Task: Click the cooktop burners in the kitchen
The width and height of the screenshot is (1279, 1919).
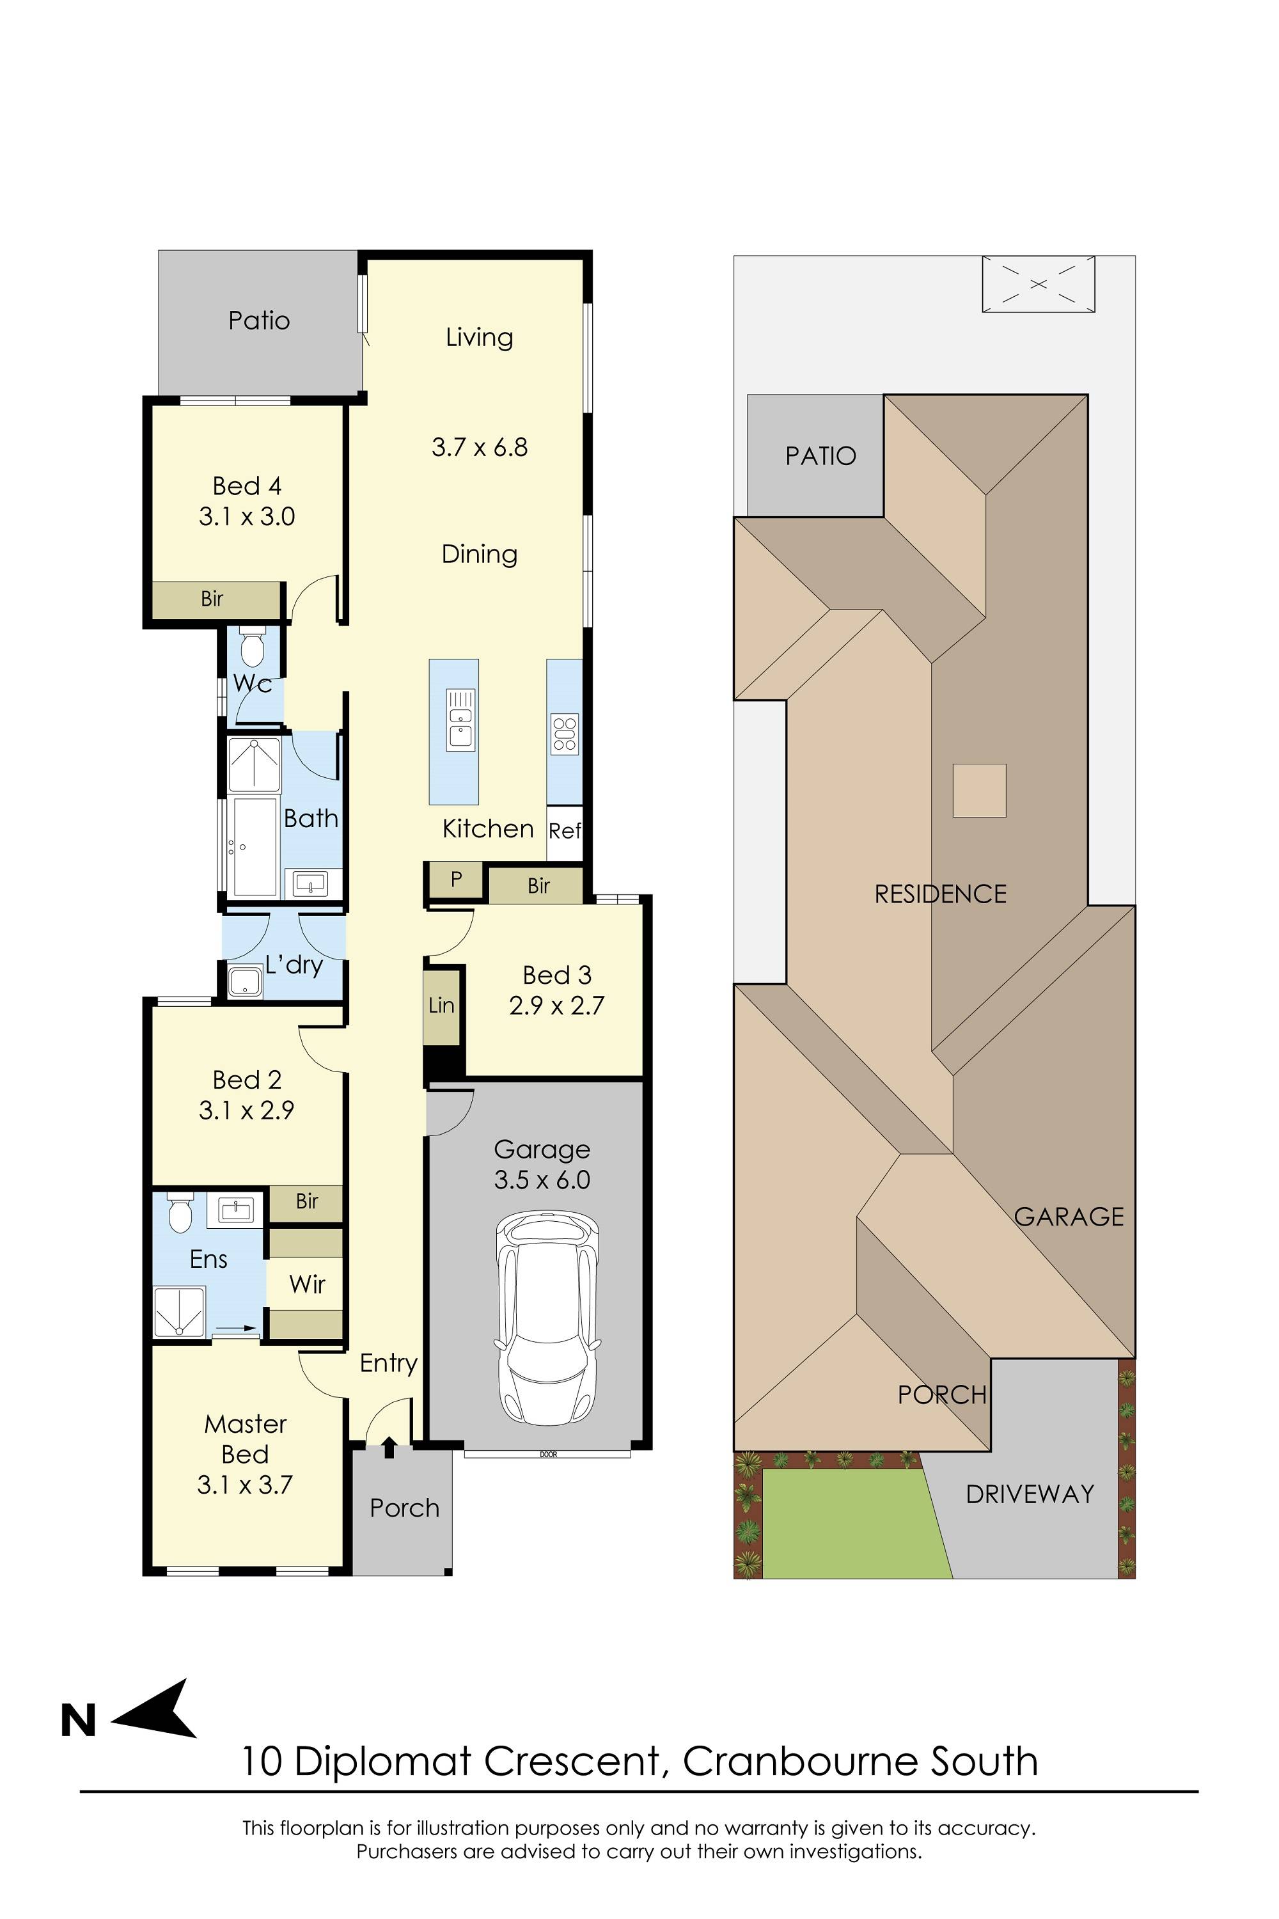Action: pyautogui.click(x=565, y=732)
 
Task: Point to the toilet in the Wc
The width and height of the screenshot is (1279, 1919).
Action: pyautogui.click(x=252, y=649)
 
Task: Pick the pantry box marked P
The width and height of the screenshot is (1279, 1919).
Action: pyautogui.click(x=456, y=880)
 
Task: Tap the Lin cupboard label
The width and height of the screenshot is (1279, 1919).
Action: pyautogui.click(x=441, y=1004)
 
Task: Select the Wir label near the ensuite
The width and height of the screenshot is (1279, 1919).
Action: pyautogui.click(x=307, y=1284)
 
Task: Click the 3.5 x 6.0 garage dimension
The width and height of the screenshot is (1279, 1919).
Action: pyautogui.click(x=542, y=1180)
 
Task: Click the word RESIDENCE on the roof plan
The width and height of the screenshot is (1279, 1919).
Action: pyautogui.click(x=941, y=894)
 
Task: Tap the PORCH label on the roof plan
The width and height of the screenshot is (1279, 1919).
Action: pyautogui.click(x=942, y=1395)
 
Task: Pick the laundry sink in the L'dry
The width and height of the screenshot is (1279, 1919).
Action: pyautogui.click(x=245, y=981)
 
